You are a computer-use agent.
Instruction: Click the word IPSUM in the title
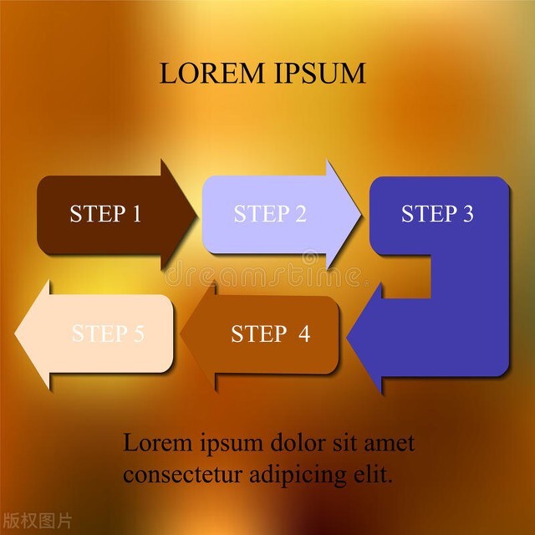coord(319,74)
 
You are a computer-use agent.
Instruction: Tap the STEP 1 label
coord(105,214)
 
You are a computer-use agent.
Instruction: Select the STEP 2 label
coord(270,214)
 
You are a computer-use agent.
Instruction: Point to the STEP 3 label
coord(437,214)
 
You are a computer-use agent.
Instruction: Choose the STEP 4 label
coord(270,334)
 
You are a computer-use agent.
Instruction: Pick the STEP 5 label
coord(108,334)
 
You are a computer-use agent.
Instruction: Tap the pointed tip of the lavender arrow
coord(360,214)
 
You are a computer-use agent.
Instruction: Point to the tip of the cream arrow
coord(16,334)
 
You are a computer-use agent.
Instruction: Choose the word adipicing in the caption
coord(295,476)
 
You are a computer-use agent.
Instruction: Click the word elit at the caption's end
coord(374,475)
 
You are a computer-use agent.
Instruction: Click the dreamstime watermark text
coord(264,273)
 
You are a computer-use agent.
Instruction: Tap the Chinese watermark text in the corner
coord(37,521)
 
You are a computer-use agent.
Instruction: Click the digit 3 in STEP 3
coord(466,214)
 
